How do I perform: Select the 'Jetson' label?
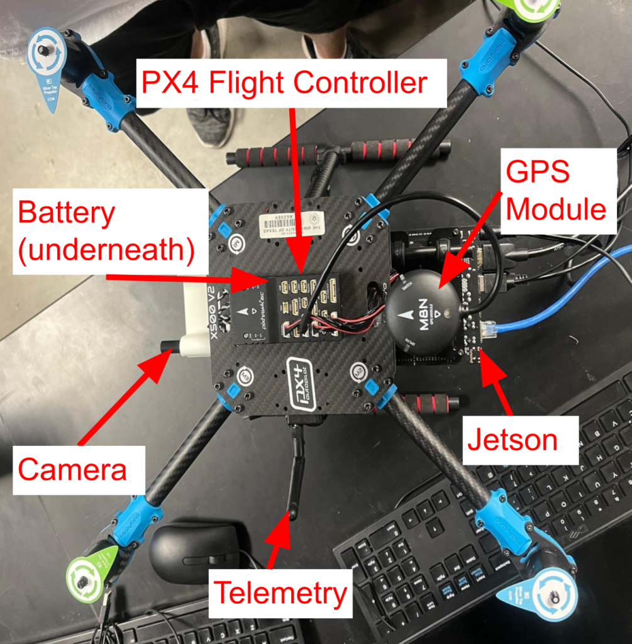[512, 440]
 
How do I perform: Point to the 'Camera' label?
[72, 469]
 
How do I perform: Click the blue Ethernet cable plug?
[489, 327]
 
